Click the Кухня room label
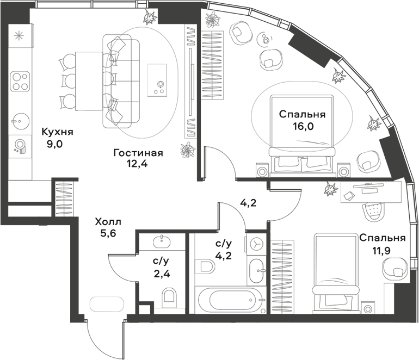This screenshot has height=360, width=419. pyautogui.click(x=57, y=132)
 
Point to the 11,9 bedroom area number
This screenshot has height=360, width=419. pyautogui.click(x=381, y=251)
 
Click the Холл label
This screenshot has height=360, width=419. pyautogui.click(x=108, y=222)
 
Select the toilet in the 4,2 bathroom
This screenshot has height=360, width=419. pyautogui.click(x=207, y=267)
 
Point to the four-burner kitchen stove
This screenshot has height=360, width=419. pyautogui.click(x=20, y=80)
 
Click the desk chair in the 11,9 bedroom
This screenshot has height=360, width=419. pyautogui.click(x=373, y=209)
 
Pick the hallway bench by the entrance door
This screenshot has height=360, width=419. pyautogui.click(x=107, y=303)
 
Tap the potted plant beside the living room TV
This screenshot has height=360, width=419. pyautogui.click(x=187, y=150)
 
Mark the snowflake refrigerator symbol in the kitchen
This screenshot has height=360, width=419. pyautogui.click(x=20, y=37)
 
